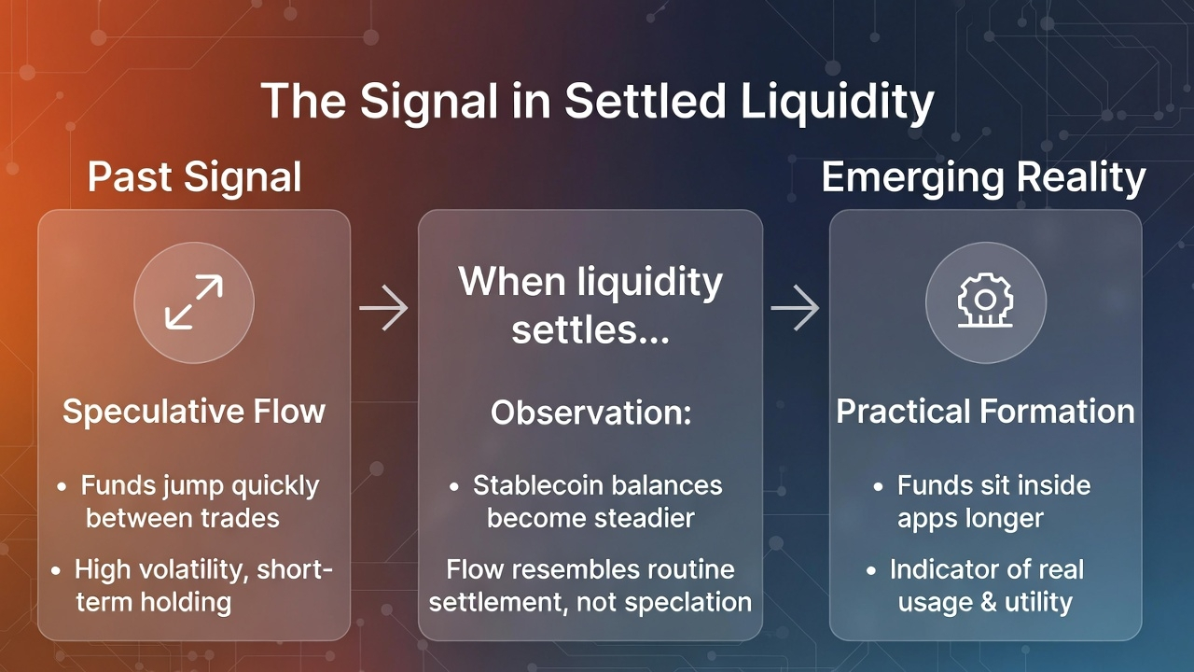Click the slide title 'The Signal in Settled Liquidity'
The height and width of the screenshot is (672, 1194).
click(x=597, y=101)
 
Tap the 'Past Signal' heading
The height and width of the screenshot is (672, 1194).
click(x=194, y=177)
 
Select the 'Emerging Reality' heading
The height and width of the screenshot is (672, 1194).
click(x=983, y=177)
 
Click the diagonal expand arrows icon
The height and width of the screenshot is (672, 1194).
click(x=194, y=302)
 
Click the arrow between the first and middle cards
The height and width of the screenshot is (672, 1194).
click(x=383, y=308)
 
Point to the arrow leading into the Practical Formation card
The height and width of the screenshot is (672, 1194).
click(x=795, y=308)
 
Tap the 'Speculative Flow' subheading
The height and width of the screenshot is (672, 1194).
click(x=194, y=412)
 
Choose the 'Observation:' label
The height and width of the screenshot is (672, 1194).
click(x=590, y=413)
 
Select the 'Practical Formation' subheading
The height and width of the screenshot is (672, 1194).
click(x=985, y=412)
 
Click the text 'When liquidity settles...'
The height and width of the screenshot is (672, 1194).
click(x=590, y=305)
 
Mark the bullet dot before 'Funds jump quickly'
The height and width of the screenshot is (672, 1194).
click(x=62, y=487)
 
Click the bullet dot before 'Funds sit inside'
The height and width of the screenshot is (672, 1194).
click(x=879, y=487)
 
